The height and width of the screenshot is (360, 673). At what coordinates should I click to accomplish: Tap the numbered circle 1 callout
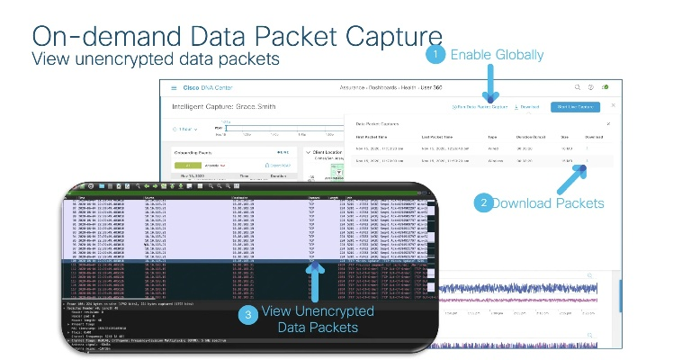coord(435,55)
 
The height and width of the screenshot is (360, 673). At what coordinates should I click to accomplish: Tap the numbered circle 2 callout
coord(483,202)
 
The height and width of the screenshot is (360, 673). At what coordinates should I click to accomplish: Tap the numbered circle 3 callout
coord(249,314)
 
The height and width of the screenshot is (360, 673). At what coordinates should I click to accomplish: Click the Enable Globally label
coord(497,55)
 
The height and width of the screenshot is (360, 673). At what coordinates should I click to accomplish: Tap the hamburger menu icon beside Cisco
coord(174,88)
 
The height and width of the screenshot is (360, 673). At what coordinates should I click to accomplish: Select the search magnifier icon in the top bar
coord(577,87)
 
